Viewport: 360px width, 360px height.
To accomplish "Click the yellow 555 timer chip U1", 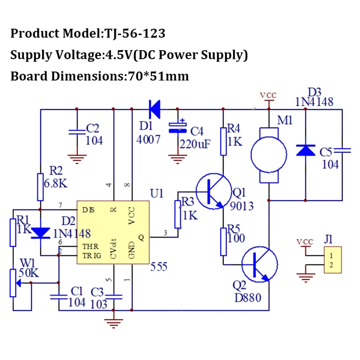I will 113,233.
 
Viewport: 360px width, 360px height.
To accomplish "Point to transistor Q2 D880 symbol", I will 259,265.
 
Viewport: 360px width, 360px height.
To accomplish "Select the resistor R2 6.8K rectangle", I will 41,186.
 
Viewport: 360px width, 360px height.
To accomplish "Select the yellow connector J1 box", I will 332,260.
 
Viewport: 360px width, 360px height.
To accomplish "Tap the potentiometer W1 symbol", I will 13,283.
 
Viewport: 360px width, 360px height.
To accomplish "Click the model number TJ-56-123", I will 135,33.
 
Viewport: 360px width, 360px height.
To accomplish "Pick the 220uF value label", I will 195,144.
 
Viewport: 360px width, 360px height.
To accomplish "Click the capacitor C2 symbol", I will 77,132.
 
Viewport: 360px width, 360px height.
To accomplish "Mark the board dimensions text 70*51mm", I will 158,76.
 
